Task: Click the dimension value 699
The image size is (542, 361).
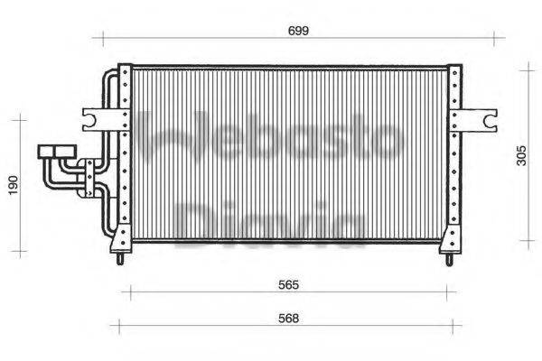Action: (299, 31)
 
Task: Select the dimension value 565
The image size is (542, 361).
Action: (287, 283)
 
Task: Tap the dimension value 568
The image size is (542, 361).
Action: (287, 318)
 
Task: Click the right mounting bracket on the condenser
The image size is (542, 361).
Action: (478, 118)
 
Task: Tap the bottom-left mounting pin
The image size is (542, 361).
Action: (119, 259)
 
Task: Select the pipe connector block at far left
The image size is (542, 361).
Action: (57, 153)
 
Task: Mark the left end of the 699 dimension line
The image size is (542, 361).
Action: (102, 38)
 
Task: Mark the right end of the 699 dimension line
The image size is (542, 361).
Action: (494, 38)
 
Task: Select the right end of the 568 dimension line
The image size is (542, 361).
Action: (461, 326)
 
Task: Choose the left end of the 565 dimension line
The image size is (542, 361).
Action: (132, 292)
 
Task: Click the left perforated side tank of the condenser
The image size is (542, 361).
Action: (126, 153)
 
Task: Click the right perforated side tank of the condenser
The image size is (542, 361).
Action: (449, 153)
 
